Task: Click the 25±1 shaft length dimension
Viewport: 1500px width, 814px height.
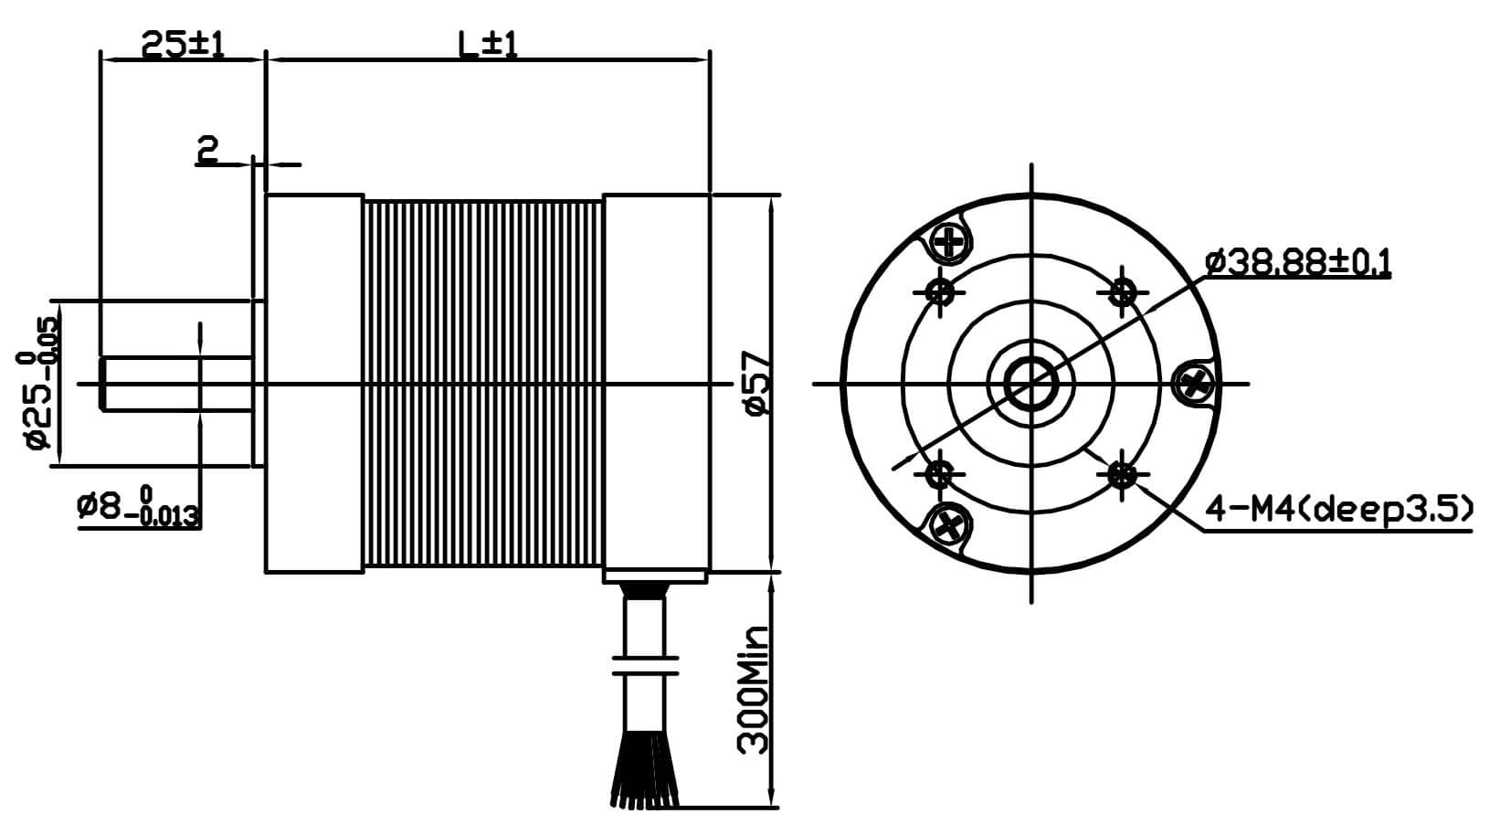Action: pyautogui.click(x=182, y=43)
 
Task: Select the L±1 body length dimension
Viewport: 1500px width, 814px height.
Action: pyautogui.click(x=487, y=43)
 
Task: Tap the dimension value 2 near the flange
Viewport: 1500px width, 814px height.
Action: pyautogui.click(x=208, y=148)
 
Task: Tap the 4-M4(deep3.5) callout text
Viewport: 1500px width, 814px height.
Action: pyautogui.click(x=1339, y=510)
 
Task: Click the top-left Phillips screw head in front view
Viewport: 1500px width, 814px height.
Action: pyautogui.click(x=950, y=242)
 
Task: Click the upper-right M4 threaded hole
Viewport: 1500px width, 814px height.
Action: pyautogui.click(x=1123, y=292)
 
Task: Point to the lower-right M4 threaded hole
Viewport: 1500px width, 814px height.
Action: pyautogui.click(x=1123, y=474)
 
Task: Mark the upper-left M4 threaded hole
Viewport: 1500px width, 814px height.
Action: pyautogui.click(x=940, y=292)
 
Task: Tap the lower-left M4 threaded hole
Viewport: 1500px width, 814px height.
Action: pyautogui.click(x=940, y=474)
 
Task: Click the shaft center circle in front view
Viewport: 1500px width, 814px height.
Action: pyautogui.click(x=1031, y=383)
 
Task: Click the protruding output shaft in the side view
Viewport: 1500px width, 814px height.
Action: pyautogui.click(x=174, y=384)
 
